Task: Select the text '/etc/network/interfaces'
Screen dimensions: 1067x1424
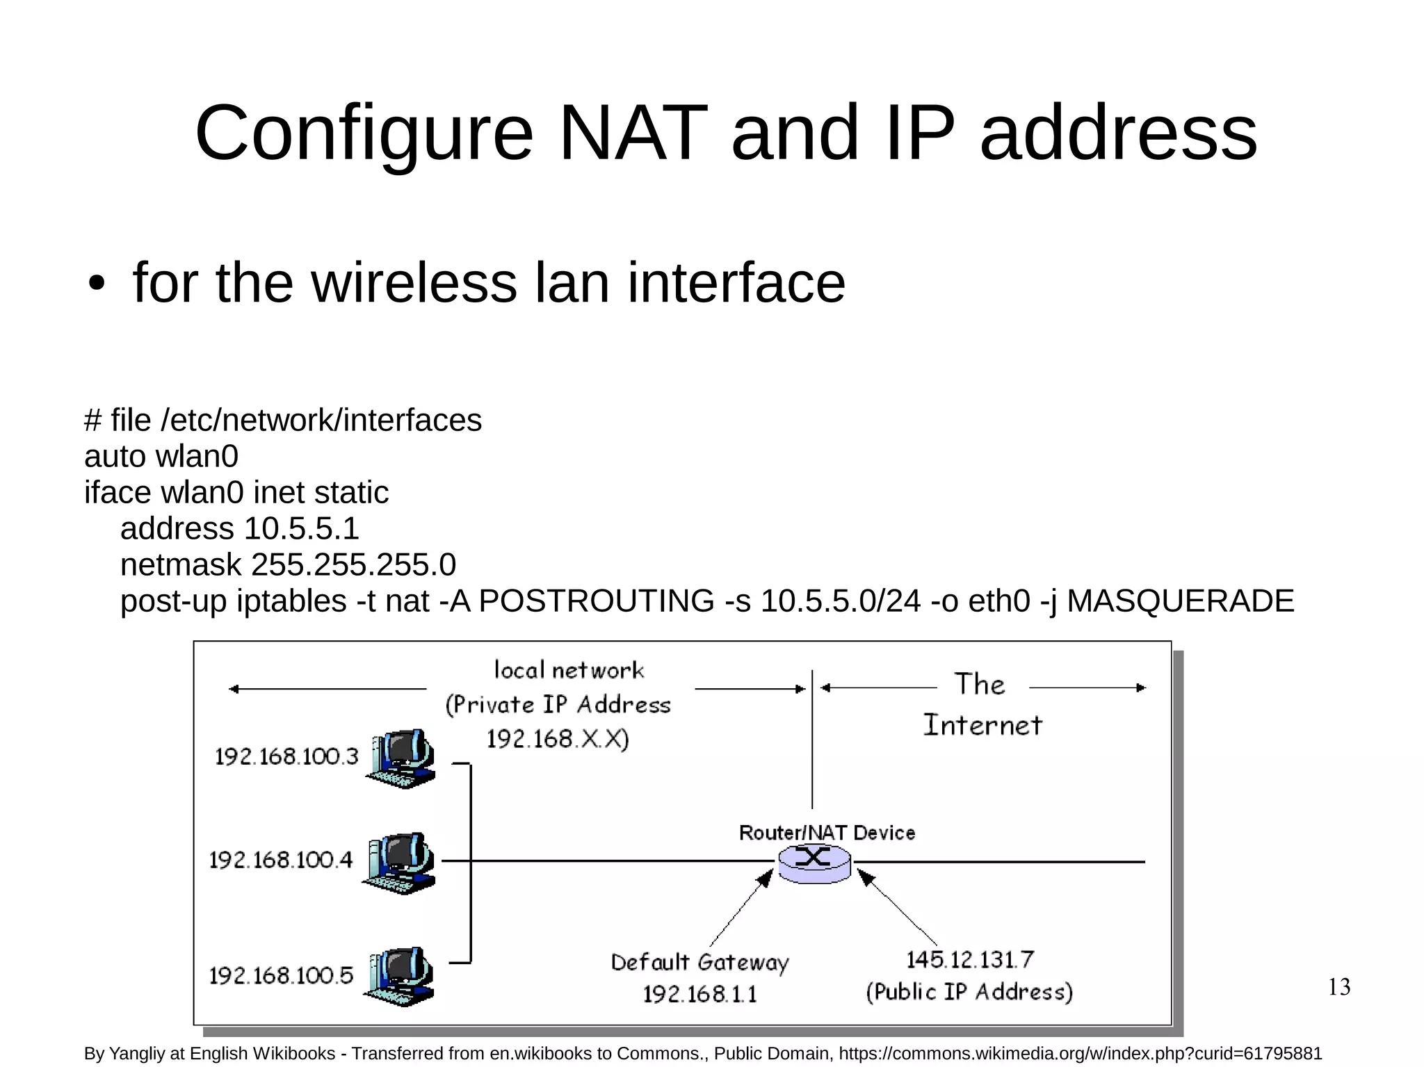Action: (321, 421)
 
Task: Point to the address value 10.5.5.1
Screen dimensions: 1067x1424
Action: (301, 529)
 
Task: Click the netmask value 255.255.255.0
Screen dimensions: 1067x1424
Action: (353, 565)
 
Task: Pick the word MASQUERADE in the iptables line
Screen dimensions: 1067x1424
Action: (1180, 601)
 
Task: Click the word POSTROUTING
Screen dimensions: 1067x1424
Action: (596, 601)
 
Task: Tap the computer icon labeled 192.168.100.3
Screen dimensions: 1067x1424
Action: (401, 758)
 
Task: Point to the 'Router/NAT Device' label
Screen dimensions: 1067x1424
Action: (826, 833)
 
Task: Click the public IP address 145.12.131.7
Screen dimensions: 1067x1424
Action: (969, 960)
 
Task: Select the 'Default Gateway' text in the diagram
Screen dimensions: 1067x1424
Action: (699, 963)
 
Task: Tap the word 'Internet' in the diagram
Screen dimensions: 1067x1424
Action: (982, 726)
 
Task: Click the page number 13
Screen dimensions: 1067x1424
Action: (1338, 987)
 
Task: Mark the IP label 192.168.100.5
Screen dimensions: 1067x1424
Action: (282, 976)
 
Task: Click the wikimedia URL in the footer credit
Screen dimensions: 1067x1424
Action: (1080, 1054)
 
